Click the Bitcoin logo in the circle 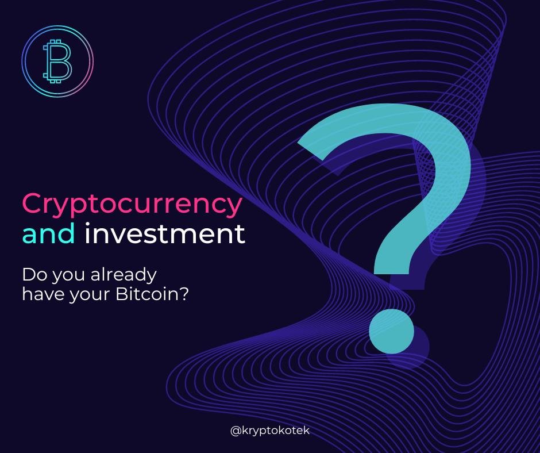click(57, 61)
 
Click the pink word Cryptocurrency click(132, 204)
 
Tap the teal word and click(49, 233)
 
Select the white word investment click(165, 233)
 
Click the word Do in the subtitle click(35, 275)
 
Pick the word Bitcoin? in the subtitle click(152, 295)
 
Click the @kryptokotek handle click(270, 431)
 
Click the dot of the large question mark click(392, 331)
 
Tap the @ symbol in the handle click(235, 431)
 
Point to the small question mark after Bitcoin click(184, 295)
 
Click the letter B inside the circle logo click(57, 61)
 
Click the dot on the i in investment click(88, 224)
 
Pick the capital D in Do click(29, 275)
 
